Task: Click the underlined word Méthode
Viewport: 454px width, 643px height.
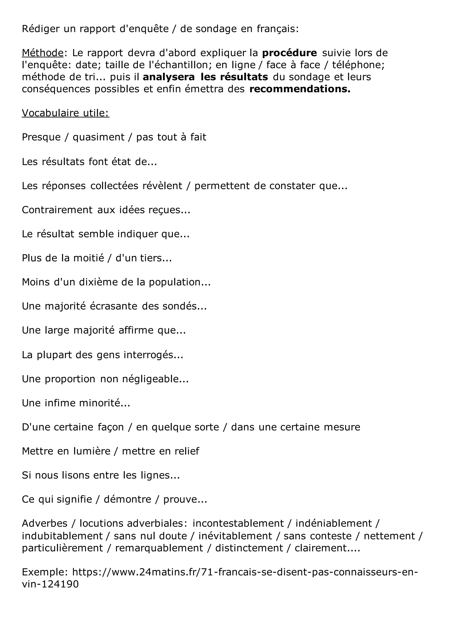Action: tap(43, 53)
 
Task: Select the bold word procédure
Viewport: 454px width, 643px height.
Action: tap(289, 53)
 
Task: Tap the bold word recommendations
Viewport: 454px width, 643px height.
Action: tap(300, 89)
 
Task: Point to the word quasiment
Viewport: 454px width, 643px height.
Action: tap(99, 137)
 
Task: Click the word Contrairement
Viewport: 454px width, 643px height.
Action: tap(57, 210)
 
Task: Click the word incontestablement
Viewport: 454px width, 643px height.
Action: tap(238, 523)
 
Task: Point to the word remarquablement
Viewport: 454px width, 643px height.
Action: tap(159, 548)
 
